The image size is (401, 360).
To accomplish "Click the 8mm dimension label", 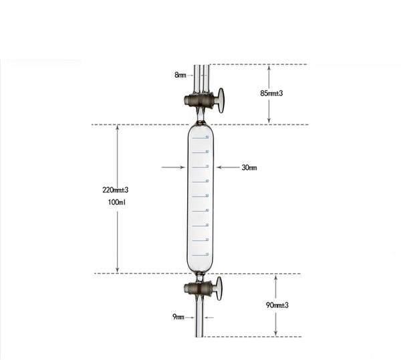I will click(x=180, y=75).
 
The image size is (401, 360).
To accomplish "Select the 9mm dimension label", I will click(x=178, y=317).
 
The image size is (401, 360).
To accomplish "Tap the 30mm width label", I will click(x=249, y=167).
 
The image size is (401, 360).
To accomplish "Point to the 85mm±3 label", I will click(x=271, y=93).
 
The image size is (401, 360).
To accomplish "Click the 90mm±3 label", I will click(x=276, y=305).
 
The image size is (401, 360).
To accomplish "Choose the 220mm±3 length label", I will click(x=115, y=190).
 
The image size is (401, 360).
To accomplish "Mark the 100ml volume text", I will click(x=117, y=201).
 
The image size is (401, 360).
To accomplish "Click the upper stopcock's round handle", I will click(x=220, y=100).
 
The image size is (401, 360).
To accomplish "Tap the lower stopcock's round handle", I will click(x=219, y=288).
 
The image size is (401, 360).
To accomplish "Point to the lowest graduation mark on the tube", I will click(x=200, y=254).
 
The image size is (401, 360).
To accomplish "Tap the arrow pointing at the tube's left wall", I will click(x=173, y=167).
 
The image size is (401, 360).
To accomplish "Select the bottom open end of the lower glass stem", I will click(x=200, y=335).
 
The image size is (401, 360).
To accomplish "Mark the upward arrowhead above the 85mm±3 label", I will click(x=269, y=68).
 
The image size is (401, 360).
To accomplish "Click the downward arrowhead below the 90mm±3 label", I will click(x=275, y=333).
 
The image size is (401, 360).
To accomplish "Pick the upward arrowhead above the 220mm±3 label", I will click(x=118, y=128).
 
